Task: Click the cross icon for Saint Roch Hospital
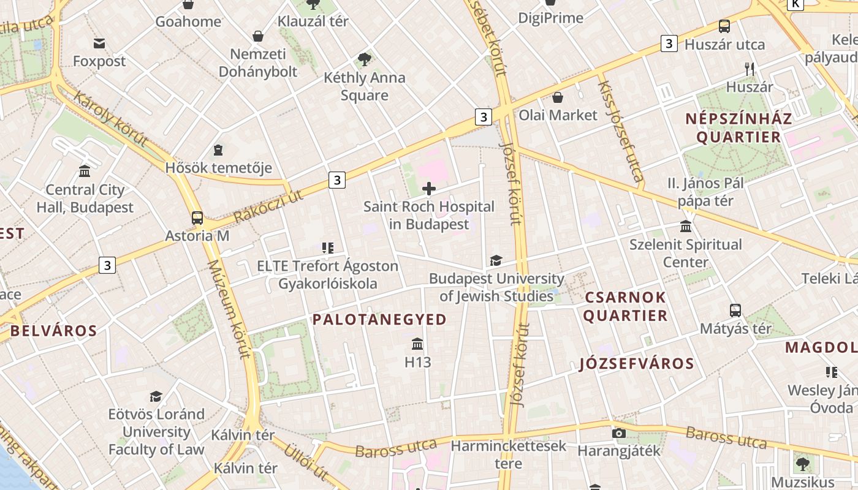click(x=429, y=189)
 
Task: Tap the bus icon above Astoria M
click(x=197, y=217)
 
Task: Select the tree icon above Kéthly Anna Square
click(x=365, y=59)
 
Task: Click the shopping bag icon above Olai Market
click(x=558, y=97)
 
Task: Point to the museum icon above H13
click(x=418, y=344)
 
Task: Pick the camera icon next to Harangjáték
click(x=619, y=434)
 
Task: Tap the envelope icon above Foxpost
click(x=99, y=43)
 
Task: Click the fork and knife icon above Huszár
click(x=750, y=69)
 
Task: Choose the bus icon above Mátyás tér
click(x=735, y=311)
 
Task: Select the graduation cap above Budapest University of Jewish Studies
click(x=496, y=261)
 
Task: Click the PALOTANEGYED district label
click(x=379, y=319)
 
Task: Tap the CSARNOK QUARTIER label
click(x=625, y=307)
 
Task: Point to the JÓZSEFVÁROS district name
click(x=637, y=364)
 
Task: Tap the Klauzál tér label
click(x=313, y=21)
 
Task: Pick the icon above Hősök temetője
click(x=218, y=150)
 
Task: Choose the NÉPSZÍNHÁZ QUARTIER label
click(x=738, y=127)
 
